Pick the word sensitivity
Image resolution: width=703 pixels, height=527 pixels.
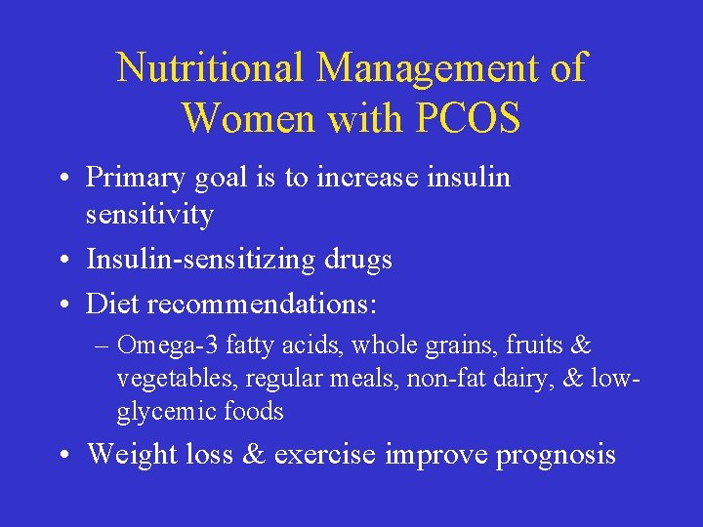pyautogui.click(x=149, y=214)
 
